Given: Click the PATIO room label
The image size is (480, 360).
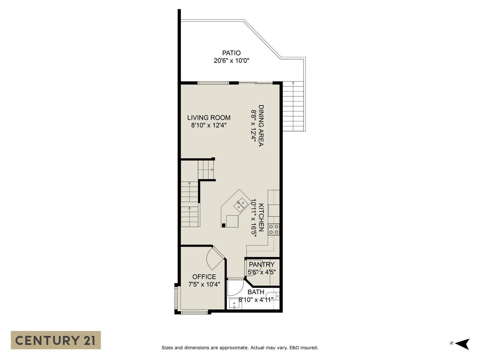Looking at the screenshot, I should [x=231, y=53].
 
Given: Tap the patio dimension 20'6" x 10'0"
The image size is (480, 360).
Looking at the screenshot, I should [x=231, y=60].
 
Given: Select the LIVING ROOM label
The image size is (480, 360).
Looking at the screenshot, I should [x=209, y=118].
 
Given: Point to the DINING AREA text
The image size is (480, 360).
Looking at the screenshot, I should [x=261, y=126].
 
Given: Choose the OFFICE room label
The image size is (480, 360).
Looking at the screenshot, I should [x=204, y=277].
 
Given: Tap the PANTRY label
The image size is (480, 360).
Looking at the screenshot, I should [x=262, y=265].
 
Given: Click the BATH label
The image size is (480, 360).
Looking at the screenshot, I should [x=256, y=292].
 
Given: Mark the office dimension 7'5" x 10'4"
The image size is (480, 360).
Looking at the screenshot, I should [x=204, y=284].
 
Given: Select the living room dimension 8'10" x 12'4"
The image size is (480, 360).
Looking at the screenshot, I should [x=209, y=125].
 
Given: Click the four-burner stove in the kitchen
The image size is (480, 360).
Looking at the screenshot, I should [x=274, y=229].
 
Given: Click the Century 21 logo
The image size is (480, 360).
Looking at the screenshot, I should [x=56, y=340].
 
